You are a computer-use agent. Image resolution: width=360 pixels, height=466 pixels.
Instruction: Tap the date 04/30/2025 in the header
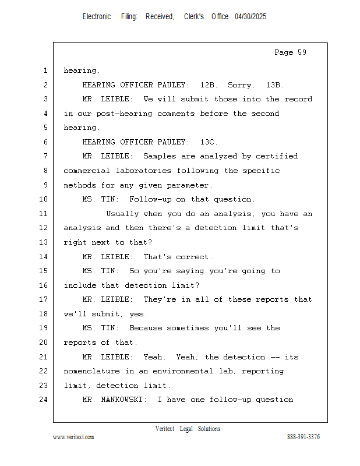point(250,17)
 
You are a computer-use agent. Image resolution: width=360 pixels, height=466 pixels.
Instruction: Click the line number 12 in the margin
point(44,228)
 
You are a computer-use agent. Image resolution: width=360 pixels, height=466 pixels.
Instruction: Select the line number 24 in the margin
point(44,400)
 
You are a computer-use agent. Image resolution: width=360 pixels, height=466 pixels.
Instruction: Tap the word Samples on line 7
point(160,156)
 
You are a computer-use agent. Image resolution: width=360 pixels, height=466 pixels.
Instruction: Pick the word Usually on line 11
point(122,214)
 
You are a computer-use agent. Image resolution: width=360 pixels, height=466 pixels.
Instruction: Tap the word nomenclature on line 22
point(91,371)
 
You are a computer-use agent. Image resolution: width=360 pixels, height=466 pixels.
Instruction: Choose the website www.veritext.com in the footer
point(73,437)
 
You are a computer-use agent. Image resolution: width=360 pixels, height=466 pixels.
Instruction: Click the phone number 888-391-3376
point(303,437)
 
